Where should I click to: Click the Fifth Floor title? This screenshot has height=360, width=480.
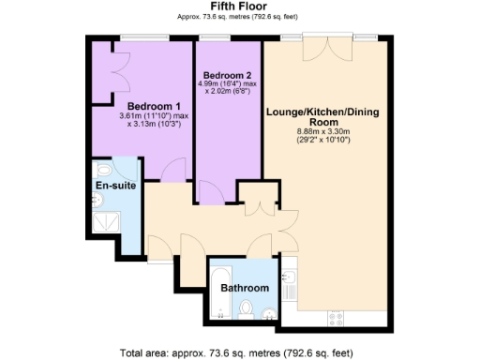[x=239, y=6]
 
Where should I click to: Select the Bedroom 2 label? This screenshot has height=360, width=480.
[x=227, y=74]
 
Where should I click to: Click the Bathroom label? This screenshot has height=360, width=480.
[x=245, y=287]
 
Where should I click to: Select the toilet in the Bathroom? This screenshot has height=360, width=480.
[x=247, y=309]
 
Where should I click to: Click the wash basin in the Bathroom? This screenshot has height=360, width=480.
[x=270, y=313]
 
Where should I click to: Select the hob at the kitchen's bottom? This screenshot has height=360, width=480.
[x=335, y=317]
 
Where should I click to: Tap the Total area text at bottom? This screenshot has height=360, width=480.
[x=239, y=352]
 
